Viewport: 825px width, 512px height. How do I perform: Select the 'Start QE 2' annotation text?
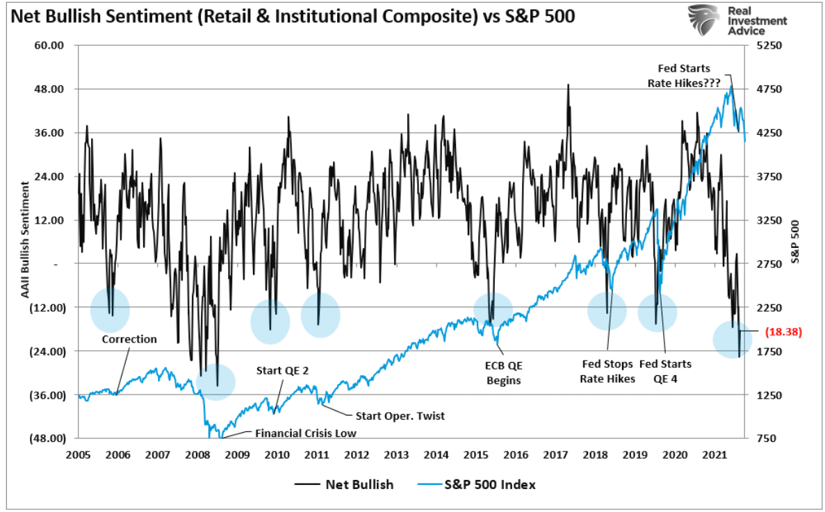point(284,370)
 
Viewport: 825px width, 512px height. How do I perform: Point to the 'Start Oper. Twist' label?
point(400,415)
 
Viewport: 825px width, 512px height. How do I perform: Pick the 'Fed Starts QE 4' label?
point(665,371)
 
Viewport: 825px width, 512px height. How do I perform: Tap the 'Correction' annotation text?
point(129,339)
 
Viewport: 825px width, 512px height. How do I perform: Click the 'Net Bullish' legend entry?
point(359,484)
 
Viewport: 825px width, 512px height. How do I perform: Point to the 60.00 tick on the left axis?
point(49,46)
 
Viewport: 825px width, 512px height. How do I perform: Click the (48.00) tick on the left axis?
point(48,438)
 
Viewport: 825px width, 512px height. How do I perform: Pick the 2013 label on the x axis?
point(396,455)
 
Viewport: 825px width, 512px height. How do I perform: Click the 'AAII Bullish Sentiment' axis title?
point(25,240)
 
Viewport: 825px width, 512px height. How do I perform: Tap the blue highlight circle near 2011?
point(320,315)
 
